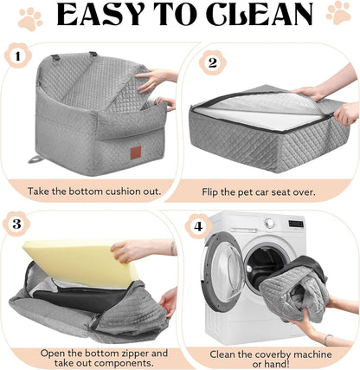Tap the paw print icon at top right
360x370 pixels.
click(338, 12)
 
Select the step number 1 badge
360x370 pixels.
click(16, 59)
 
